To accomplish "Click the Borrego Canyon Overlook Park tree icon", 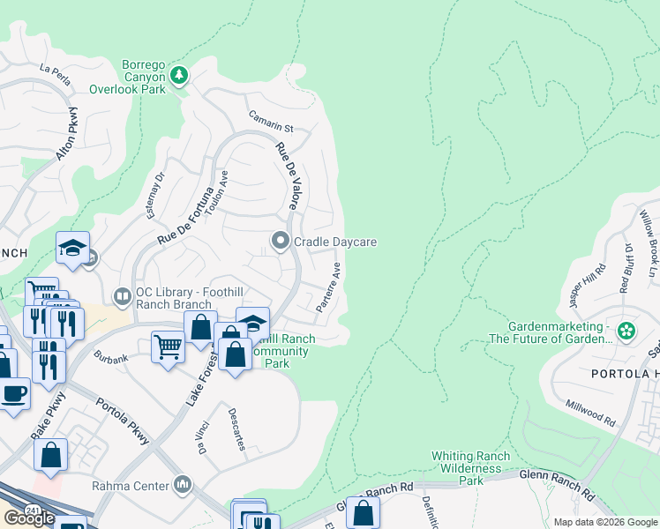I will pyautogui.click(x=179, y=75).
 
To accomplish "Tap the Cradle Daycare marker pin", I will pyautogui.click(x=281, y=241).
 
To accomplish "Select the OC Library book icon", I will pyautogui.click(x=123, y=294).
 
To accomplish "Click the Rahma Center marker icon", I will pyautogui.click(x=183, y=483).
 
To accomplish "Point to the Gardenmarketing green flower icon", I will pyautogui.click(x=626, y=332).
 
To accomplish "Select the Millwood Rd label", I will pyautogui.click(x=592, y=409).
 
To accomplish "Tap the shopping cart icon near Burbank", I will pyautogui.click(x=167, y=346).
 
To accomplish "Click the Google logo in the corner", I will pyautogui.click(x=29, y=518).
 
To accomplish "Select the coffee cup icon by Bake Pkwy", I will pyautogui.click(x=13, y=393).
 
